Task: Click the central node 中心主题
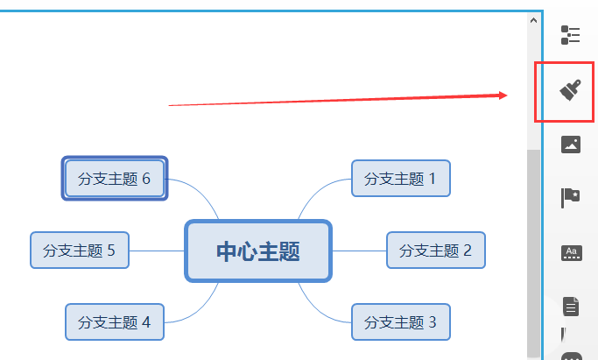258,251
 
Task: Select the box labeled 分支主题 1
400,179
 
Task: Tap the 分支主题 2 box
435,251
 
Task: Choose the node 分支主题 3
400,321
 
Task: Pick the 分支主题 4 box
114,321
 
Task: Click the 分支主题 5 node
80,251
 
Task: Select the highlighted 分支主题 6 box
114,179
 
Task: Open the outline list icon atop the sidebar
571,35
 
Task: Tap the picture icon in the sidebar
571,144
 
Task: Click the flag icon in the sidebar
571,198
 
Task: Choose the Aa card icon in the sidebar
571,253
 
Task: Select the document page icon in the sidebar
571,307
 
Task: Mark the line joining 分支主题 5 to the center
158,251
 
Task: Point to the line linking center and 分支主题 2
359,251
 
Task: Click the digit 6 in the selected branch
145,179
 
